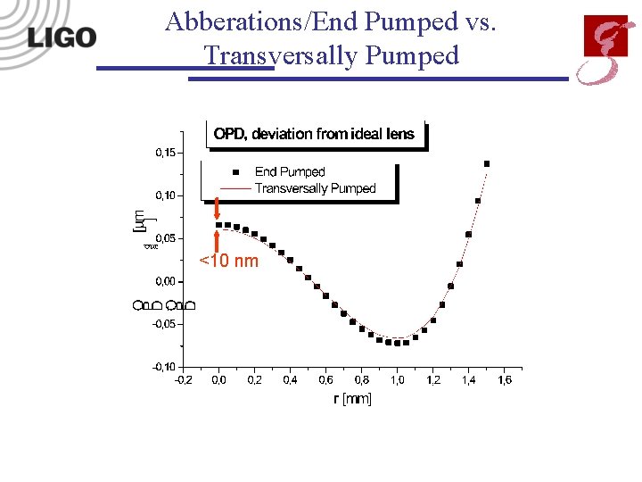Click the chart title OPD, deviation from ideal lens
314,134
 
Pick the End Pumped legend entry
290,171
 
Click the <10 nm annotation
228,261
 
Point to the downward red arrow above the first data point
217,209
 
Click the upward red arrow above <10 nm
217,241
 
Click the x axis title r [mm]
352,398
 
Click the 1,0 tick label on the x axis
397,380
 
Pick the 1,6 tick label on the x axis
504,380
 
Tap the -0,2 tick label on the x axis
182,380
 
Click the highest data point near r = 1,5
487,163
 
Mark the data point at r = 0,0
219,225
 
